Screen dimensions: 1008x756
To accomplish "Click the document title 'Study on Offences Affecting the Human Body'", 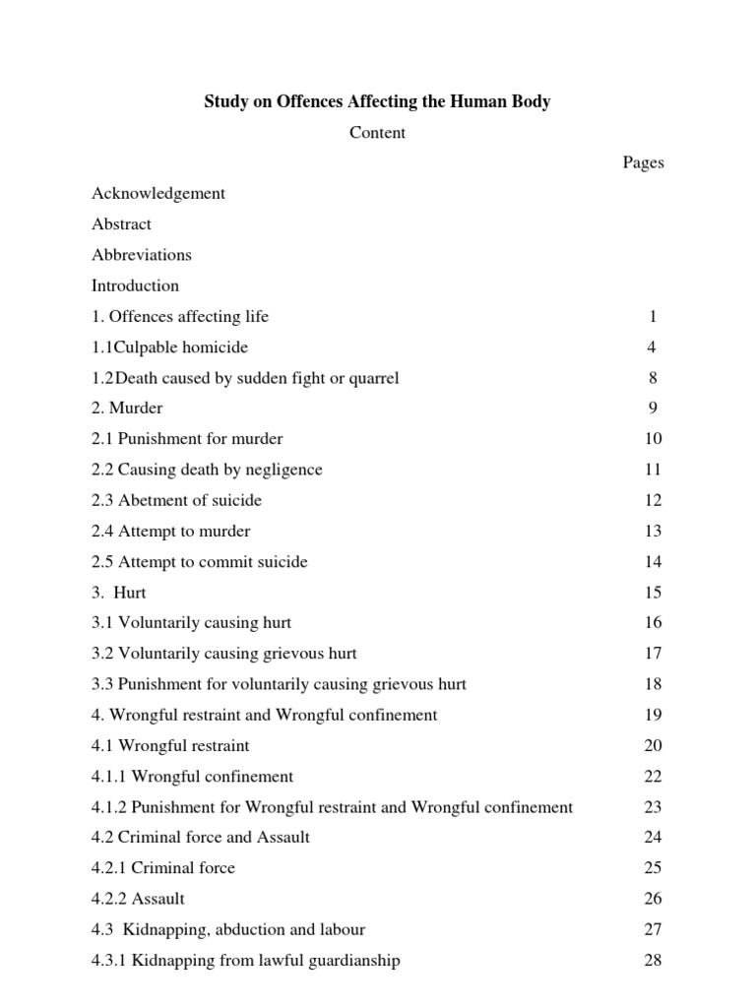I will (377, 101).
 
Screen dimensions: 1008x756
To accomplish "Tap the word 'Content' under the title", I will (377, 133).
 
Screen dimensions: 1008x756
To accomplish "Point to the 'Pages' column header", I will (643, 162).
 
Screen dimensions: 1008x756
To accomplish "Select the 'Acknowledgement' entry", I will (158, 193).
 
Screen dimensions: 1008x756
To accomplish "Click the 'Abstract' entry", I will (121, 223).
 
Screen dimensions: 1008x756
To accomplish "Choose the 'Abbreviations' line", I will (142, 255).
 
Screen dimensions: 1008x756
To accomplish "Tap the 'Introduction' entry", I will (136, 285).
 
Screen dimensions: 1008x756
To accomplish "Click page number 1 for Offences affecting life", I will (652, 317).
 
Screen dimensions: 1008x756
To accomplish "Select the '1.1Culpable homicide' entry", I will (169, 347).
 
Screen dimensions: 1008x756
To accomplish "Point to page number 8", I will (652, 378).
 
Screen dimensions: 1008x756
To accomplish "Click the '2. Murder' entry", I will (127, 408).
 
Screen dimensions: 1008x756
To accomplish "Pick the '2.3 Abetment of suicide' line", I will (177, 500).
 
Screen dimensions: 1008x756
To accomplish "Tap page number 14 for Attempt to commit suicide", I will (653, 562).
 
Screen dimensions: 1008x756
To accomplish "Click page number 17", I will (653, 654).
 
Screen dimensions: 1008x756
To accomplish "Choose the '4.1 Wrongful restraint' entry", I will (170, 745).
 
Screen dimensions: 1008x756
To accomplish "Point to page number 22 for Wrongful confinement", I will (653, 777).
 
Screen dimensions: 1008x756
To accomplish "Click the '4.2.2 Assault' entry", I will (138, 899).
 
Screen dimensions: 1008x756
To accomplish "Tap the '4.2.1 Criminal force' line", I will (163, 868).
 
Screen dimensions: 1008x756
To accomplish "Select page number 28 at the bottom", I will (653, 961).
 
